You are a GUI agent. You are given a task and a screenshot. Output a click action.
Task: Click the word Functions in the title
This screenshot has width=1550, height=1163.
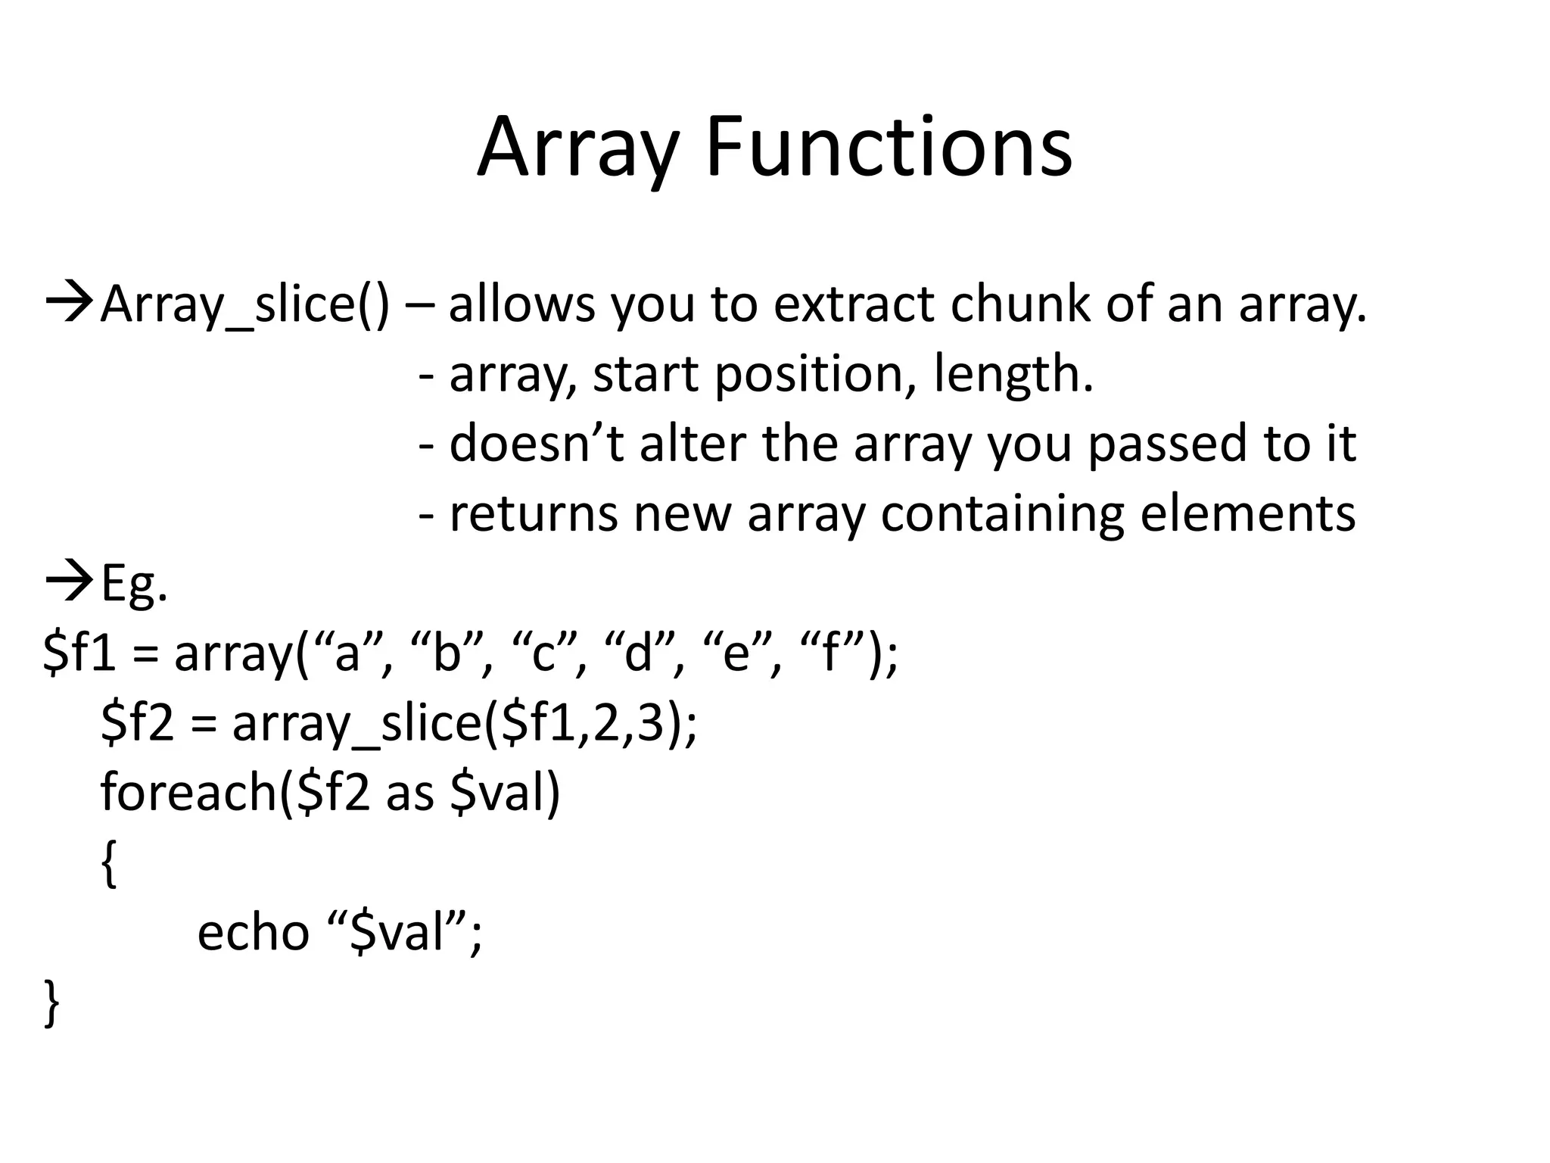tap(889, 148)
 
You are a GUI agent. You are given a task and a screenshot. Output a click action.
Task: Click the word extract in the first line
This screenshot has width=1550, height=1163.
tap(854, 304)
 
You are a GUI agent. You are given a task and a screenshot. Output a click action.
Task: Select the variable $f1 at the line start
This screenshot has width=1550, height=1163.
tap(79, 653)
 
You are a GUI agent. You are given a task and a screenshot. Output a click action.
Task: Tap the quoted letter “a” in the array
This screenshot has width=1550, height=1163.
tap(347, 653)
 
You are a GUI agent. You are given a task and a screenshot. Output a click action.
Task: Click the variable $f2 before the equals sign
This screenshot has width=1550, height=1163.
tap(137, 722)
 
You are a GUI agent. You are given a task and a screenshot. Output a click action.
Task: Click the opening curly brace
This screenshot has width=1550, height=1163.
tap(109, 863)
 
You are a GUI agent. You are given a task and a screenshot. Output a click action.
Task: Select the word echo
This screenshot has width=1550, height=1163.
tap(253, 932)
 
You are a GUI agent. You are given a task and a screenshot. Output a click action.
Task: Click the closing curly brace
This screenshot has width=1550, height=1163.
tap(51, 1002)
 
